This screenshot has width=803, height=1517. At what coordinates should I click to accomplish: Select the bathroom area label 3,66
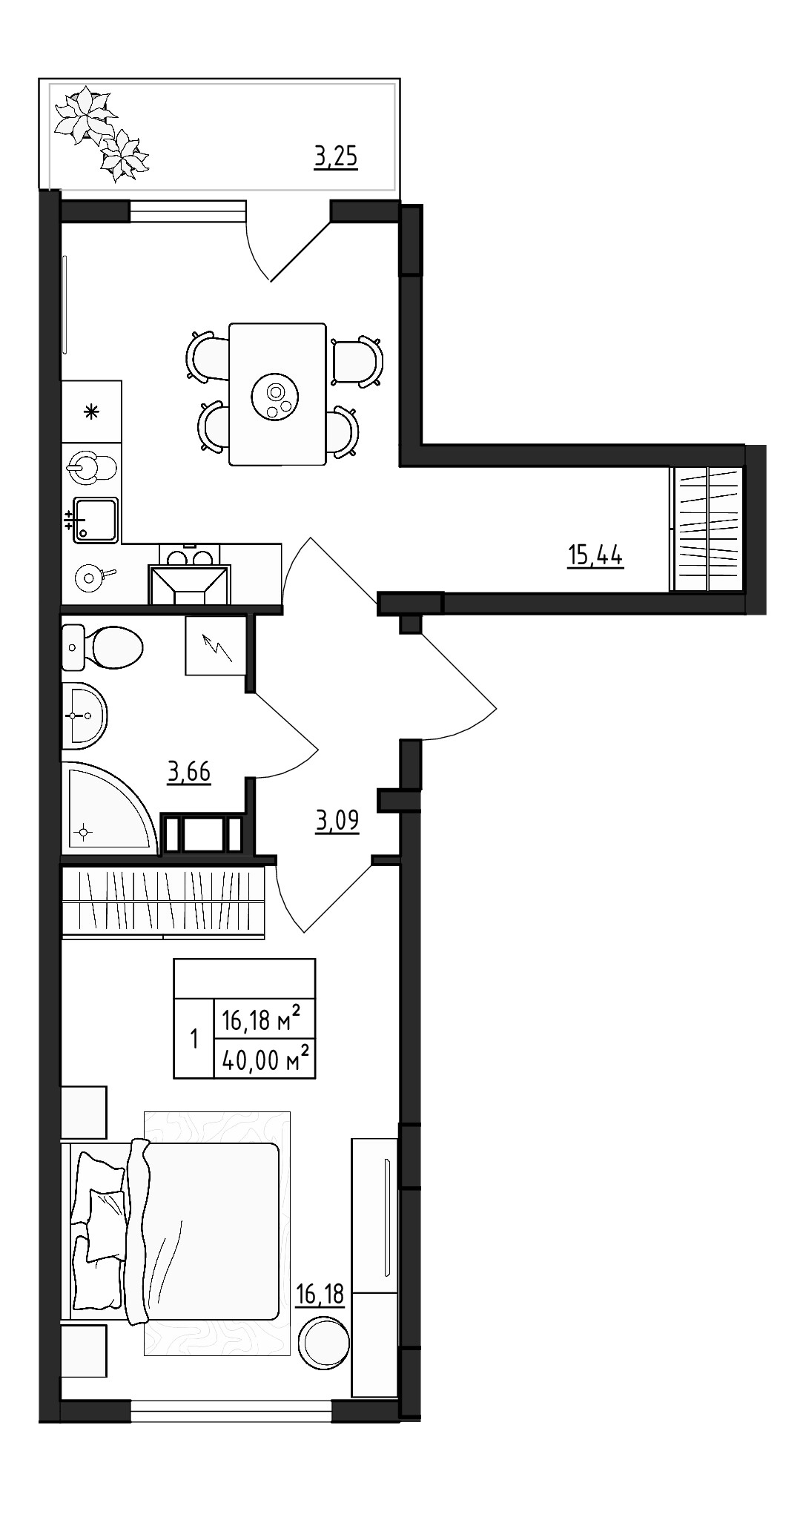pyautogui.click(x=189, y=773)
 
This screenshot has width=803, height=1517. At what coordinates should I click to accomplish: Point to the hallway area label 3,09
pyautogui.click(x=337, y=822)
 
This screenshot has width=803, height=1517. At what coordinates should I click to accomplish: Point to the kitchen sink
pyautogui.click(x=95, y=519)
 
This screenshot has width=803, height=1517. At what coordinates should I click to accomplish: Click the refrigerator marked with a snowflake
pyautogui.click(x=91, y=412)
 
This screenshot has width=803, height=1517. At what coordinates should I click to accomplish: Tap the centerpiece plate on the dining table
pyautogui.click(x=276, y=399)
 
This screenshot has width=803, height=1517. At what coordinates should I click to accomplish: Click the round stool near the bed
pyautogui.click(x=323, y=1342)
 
